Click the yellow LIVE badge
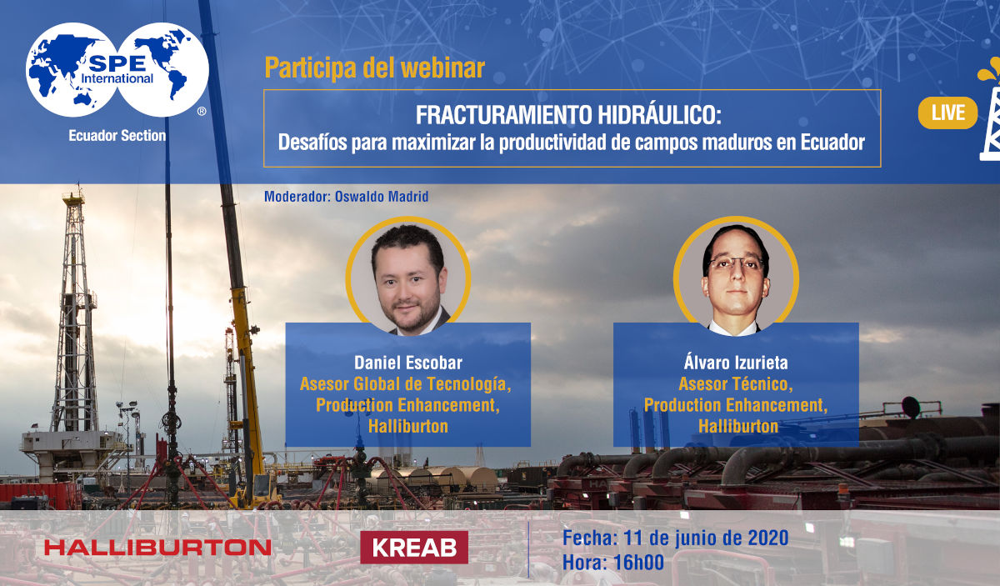[x=947, y=113]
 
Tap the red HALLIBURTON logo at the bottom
[x=157, y=548]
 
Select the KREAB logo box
[x=414, y=547]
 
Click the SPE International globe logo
[x=117, y=70]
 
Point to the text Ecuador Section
[x=117, y=135]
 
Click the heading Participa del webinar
[x=374, y=68]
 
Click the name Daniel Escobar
[x=407, y=363]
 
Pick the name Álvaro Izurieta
[x=735, y=363]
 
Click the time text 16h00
[x=637, y=563]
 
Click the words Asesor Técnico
[x=735, y=384]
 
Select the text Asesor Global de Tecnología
[x=405, y=384]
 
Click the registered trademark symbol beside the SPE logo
[x=202, y=111]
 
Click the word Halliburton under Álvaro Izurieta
[x=737, y=426]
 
